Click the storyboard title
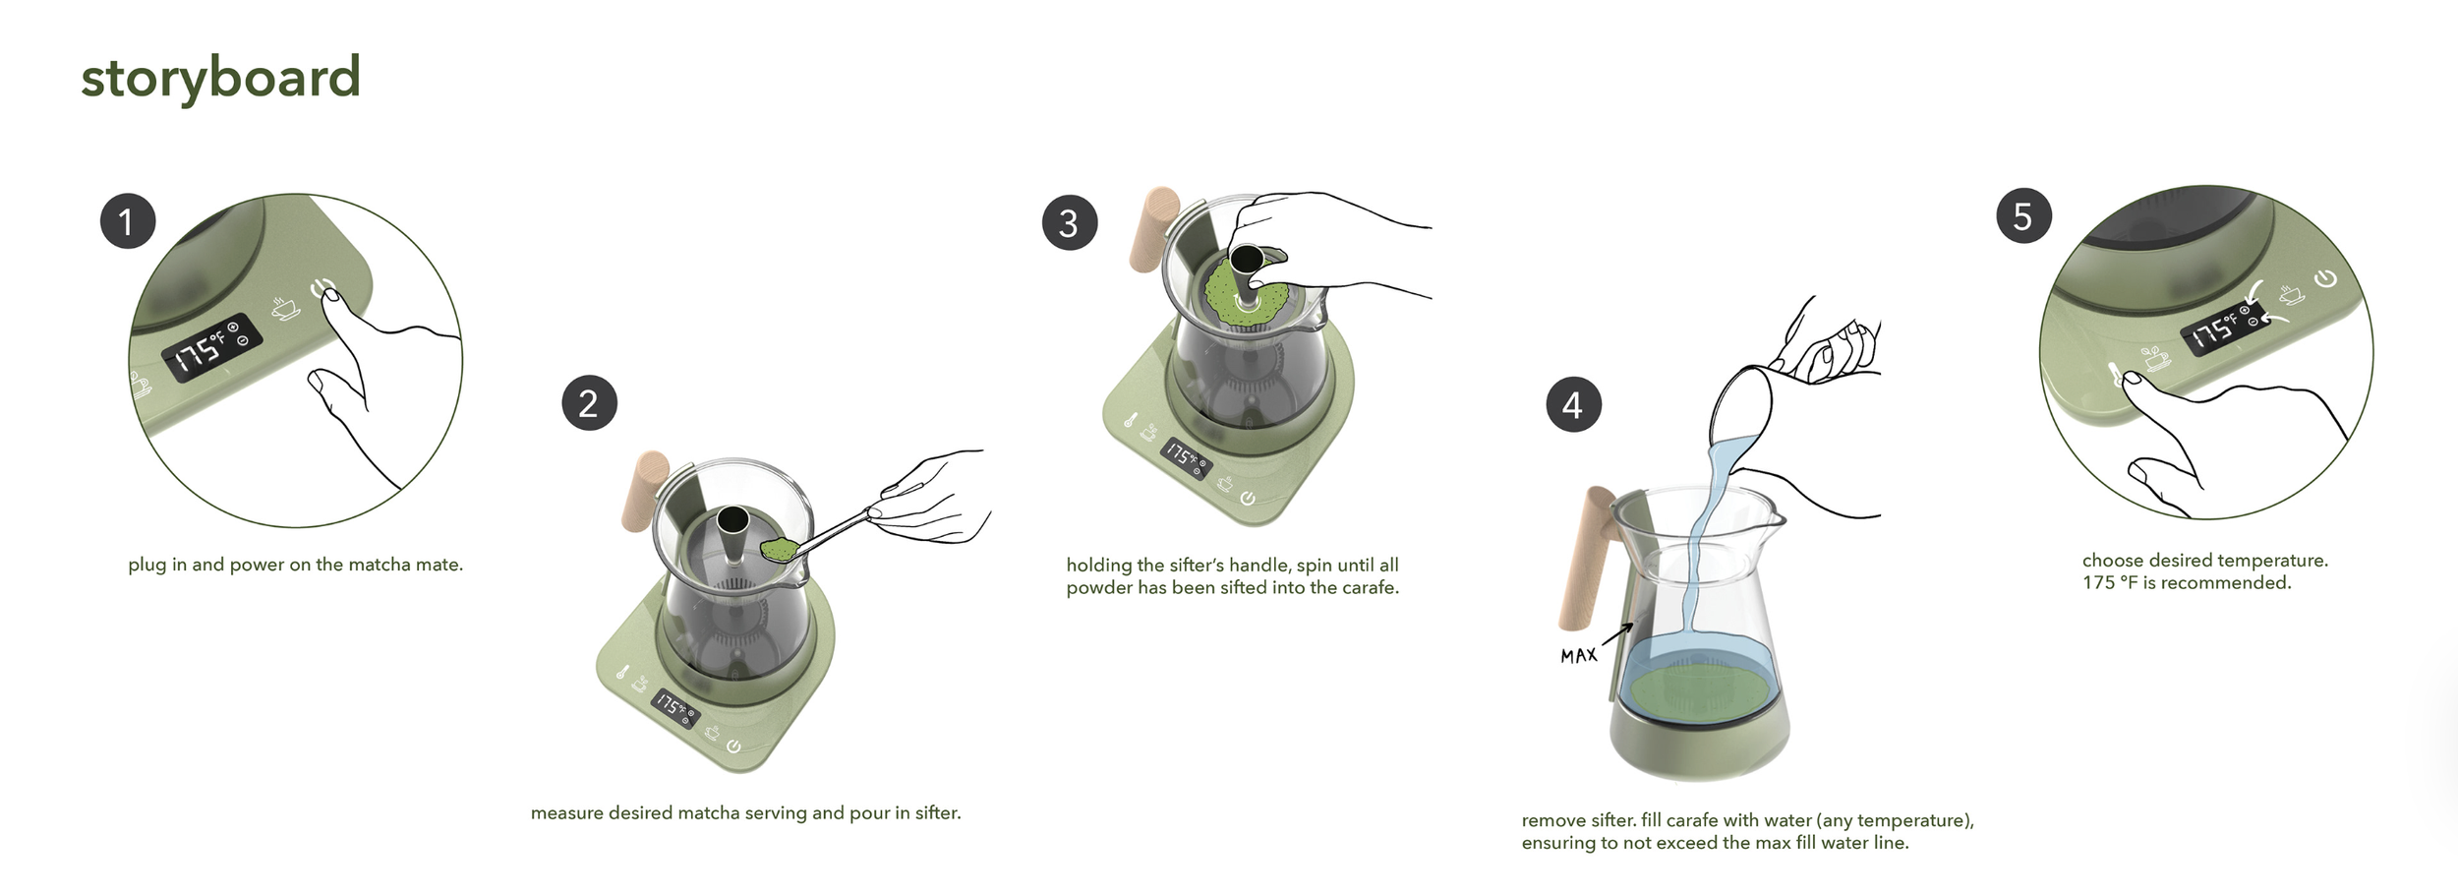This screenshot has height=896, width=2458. (220, 78)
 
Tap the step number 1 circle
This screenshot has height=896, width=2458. (128, 221)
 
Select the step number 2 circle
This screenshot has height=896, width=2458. (590, 403)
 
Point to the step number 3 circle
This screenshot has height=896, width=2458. (1070, 222)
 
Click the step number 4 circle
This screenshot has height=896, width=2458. (1574, 405)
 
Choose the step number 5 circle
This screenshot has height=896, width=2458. (2023, 216)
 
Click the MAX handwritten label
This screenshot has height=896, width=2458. (1579, 655)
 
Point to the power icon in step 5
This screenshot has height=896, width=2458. (2325, 278)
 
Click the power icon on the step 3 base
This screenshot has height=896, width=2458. (1248, 499)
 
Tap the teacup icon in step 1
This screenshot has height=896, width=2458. (286, 308)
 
